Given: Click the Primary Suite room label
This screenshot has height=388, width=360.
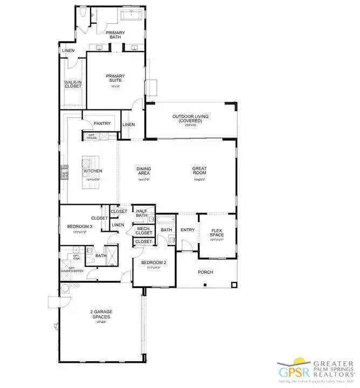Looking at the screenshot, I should pyautogui.click(x=114, y=78).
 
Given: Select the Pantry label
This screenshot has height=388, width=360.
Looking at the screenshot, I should pyautogui.click(x=102, y=123).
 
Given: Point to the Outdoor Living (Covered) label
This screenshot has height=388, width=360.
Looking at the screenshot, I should pyautogui.click(x=190, y=119).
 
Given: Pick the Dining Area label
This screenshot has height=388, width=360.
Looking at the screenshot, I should pyautogui.click(x=143, y=171).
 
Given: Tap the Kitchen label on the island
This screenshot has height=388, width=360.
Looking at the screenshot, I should pyautogui.click(x=93, y=171).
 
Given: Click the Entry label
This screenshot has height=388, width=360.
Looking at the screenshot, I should pyautogui.click(x=188, y=230).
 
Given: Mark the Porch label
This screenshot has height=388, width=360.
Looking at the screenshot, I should pyautogui.click(x=205, y=272).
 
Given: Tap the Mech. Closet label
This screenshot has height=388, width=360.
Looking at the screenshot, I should pyautogui.click(x=143, y=231).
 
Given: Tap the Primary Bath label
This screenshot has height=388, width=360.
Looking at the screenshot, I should pyautogui.click(x=115, y=36).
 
